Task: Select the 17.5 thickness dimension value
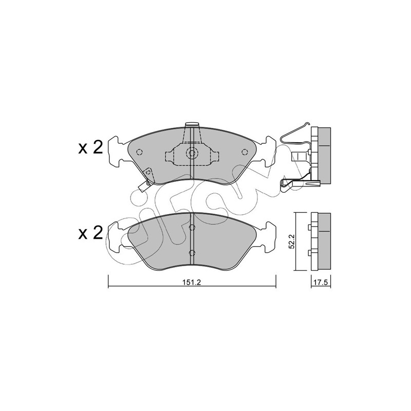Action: coord(321,283)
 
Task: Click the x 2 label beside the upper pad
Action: coord(91,148)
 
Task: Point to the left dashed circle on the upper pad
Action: coord(139,152)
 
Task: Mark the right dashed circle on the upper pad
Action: coord(245,152)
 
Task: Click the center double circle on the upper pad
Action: coord(192,153)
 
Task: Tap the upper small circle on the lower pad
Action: coord(192,228)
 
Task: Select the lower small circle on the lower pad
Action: coord(192,253)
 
